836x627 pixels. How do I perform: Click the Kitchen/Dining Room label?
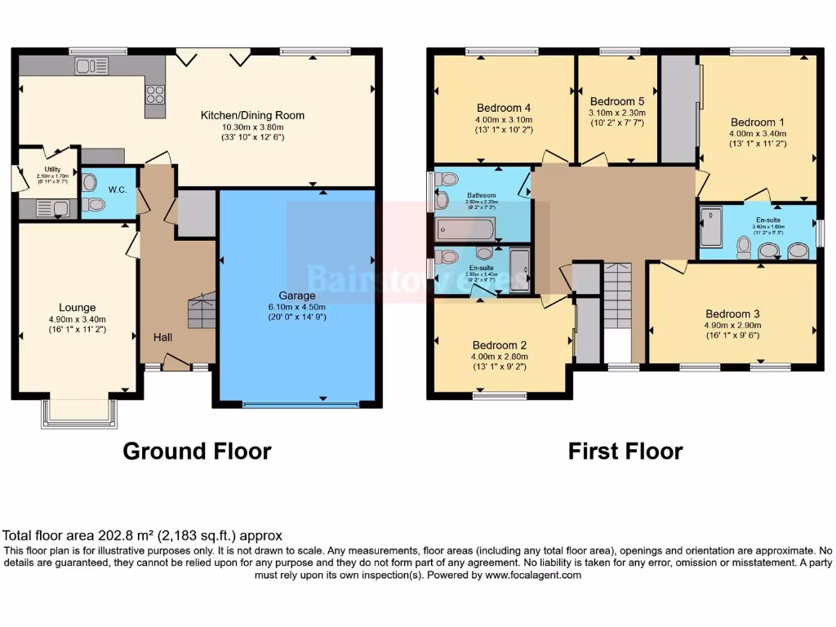tap(252, 115)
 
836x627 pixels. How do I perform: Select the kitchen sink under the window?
tap(91, 66)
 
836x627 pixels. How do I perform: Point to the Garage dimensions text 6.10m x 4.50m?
tap(297, 306)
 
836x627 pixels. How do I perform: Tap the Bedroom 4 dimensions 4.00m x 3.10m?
tap(504, 119)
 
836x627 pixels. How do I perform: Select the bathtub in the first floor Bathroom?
tap(464, 226)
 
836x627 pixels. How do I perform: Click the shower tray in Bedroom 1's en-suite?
tap(711, 227)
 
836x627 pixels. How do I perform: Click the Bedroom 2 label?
tap(499, 345)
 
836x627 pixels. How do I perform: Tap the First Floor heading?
tap(625, 451)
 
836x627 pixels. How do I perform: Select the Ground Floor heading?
tap(197, 451)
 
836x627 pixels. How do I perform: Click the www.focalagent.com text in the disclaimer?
tap(533, 575)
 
